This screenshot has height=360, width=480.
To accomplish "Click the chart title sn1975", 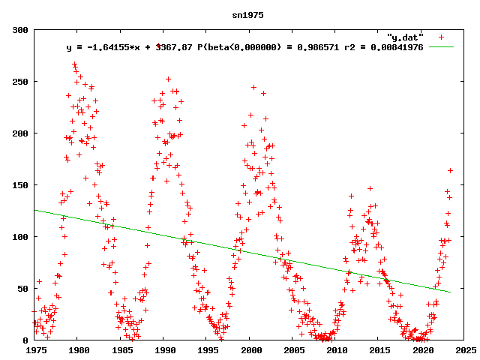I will click(x=248, y=15).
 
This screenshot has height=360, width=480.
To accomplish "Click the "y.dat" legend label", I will click(x=406, y=37).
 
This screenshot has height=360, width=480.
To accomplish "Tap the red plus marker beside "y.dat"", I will click(x=442, y=37).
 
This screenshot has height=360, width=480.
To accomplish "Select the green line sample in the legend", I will click(x=442, y=47).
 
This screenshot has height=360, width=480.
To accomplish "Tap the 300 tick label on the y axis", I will click(x=20, y=30).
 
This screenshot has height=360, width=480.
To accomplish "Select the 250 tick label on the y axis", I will click(x=20, y=82).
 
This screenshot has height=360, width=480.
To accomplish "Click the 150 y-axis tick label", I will click(x=20, y=185).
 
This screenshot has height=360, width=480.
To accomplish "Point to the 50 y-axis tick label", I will click(x=22, y=289).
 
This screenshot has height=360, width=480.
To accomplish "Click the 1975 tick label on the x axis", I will click(x=35, y=349).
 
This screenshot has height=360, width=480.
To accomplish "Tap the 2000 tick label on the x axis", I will click(x=251, y=349).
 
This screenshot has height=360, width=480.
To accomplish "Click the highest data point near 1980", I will click(x=74, y=64).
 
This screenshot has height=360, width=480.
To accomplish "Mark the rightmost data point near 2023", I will click(x=450, y=170).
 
